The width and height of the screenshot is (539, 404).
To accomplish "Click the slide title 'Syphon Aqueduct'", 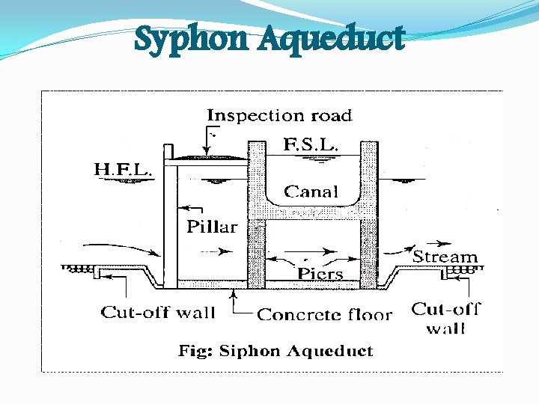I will [x=269, y=39].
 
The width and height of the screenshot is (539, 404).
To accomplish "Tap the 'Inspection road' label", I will [x=279, y=115].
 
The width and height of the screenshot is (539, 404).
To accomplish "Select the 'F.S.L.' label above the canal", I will [x=309, y=144].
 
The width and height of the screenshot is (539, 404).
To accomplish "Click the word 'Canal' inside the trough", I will [x=311, y=192].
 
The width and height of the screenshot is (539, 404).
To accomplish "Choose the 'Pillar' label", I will [x=212, y=226].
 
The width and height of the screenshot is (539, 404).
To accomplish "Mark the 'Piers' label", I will [x=320, y=273].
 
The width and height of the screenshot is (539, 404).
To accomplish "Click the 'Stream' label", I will [x=445, y=257].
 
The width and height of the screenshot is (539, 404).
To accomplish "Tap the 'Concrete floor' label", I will [x=324, y=314].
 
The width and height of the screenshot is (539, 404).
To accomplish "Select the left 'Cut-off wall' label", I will [x=158, y=313].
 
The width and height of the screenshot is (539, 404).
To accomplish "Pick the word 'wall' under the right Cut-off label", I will [x=445, y=328].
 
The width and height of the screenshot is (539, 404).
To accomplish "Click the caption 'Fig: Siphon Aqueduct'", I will [x=275, y=350].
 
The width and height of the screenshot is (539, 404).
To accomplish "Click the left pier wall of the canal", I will [x=258, y=217].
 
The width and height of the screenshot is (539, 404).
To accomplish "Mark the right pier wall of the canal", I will [x=368, y=217].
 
